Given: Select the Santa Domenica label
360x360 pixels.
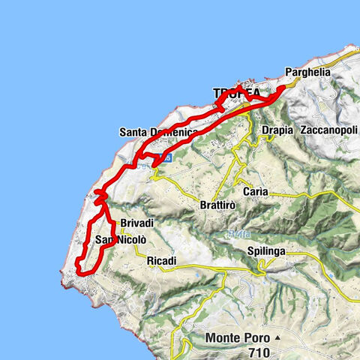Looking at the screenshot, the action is [x=158, y=132].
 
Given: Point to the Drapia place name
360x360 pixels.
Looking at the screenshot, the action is [x=277, y=130].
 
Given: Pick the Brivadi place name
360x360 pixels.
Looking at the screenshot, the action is [x=136, y=223].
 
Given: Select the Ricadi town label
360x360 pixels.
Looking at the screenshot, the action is [x=162, y=260].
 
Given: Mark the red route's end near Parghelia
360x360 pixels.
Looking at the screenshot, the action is [x=283, y=88].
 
